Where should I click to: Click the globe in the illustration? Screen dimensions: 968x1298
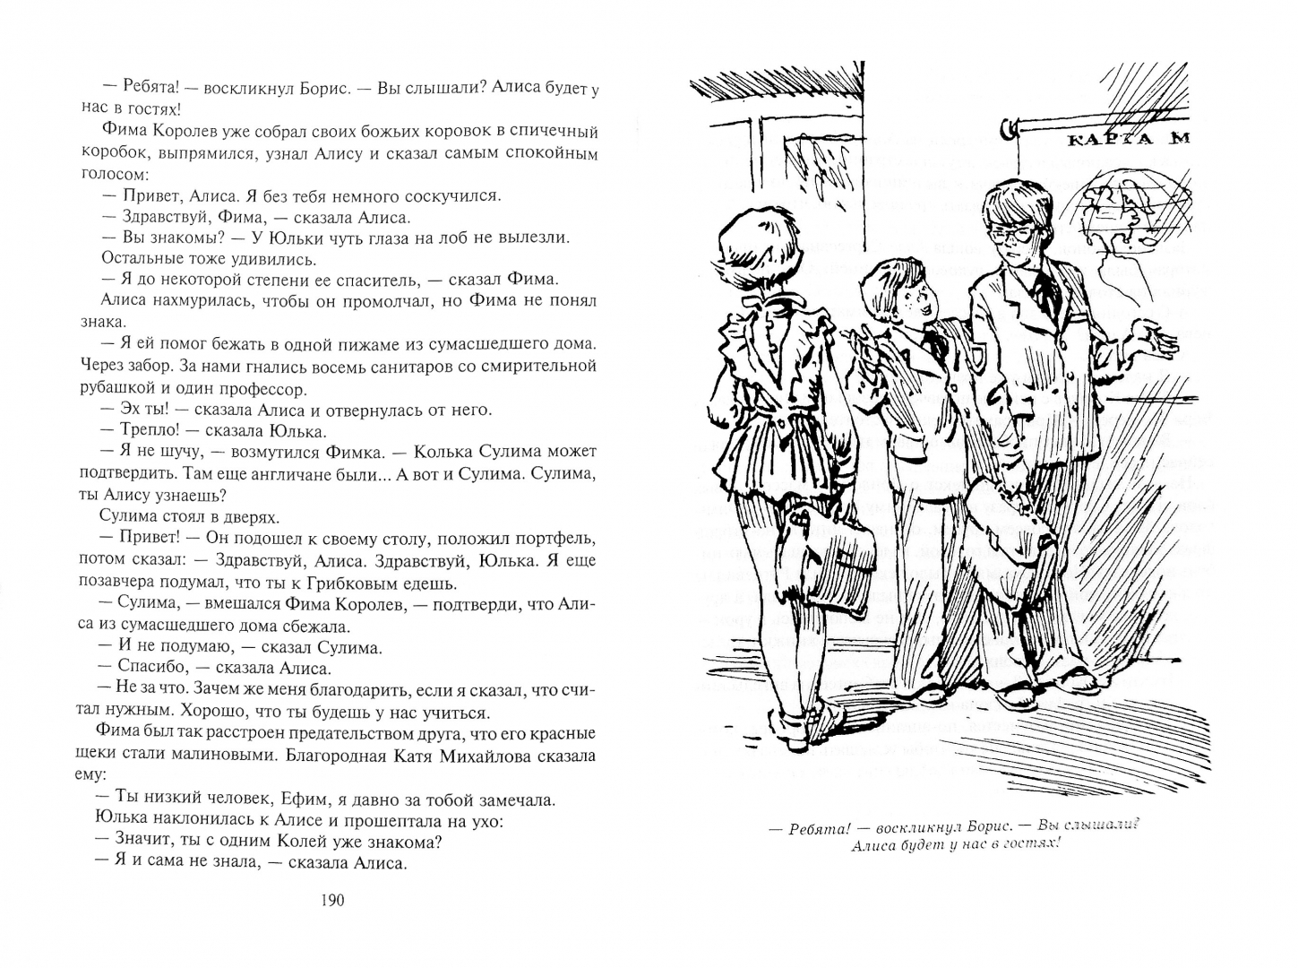(x=1134, y=215)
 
